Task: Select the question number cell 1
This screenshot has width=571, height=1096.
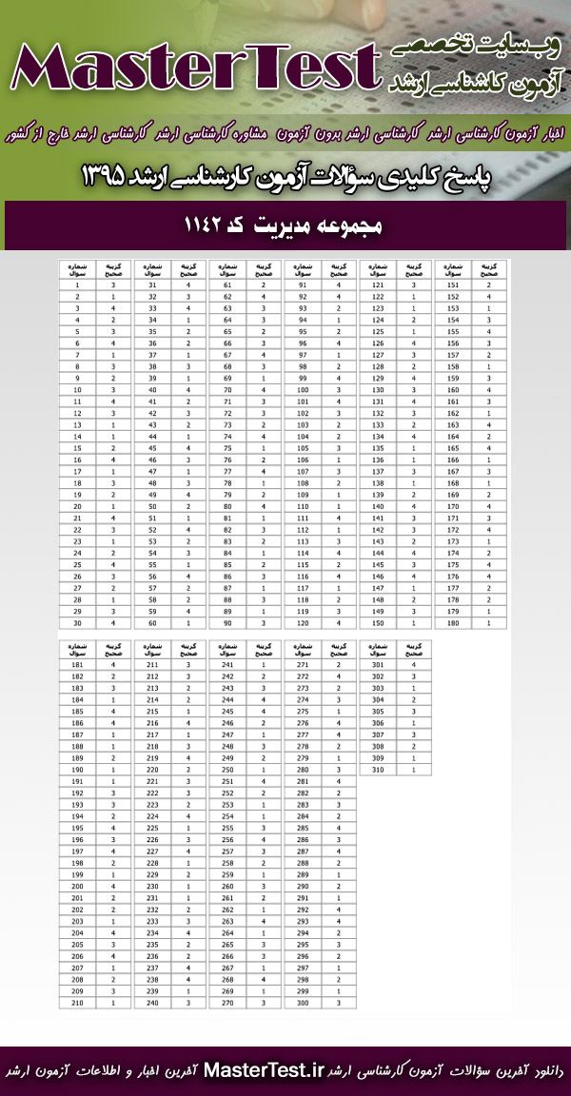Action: click(77, 284)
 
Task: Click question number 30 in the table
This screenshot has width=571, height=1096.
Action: click(77, 622)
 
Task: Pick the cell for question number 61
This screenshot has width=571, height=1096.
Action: click(227, 284)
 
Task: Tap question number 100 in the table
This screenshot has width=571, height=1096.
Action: click(303, 389)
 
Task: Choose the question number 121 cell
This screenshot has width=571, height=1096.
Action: click(378, 284)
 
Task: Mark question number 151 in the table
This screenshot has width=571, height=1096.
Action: click(453, 284)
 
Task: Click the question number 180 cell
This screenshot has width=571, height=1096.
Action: click(453, 622)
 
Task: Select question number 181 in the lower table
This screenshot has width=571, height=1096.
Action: click(77, 664)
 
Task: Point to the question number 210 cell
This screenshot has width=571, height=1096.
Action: click(77, 1002)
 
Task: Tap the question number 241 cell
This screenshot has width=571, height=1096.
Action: click(227, 664)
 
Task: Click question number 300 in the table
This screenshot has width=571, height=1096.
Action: click(303, 1002)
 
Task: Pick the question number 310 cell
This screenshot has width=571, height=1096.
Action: click(378, 769)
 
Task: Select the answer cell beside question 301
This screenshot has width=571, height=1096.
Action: click(414, 664)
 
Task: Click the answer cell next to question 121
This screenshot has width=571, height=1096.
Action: click(414, 284)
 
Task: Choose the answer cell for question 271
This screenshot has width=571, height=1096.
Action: click(339, 664)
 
